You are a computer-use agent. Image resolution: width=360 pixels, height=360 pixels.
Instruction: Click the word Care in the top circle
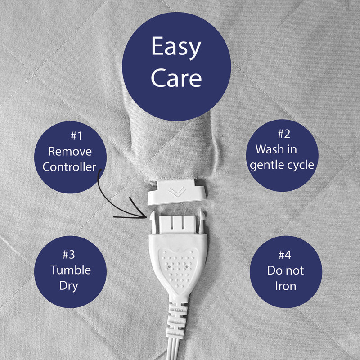(176, 78)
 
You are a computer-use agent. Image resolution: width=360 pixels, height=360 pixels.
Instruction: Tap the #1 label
(76, 136)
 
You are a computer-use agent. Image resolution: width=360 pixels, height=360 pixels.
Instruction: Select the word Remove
(70, 152)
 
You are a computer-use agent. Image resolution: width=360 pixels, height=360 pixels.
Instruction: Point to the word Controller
(69, 167)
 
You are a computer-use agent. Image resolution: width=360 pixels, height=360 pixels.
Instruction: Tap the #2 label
(284, 134)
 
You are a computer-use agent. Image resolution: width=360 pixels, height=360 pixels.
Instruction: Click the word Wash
(269, 149)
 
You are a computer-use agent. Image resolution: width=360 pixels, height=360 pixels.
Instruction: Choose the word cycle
(300, 165)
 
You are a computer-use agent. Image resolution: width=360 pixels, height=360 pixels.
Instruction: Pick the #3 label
(69, 255)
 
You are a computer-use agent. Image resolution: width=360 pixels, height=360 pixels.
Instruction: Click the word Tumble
(71, 270)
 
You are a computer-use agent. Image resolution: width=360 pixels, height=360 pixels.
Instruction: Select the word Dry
(69, 286)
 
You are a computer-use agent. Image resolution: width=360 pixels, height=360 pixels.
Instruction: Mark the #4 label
(285, 255)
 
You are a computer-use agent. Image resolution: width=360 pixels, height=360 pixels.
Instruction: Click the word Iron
(286, 286)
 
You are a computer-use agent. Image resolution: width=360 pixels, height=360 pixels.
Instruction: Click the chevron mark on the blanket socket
(176, 192)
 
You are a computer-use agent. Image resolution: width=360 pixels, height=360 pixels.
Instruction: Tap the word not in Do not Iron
(295, 270)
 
